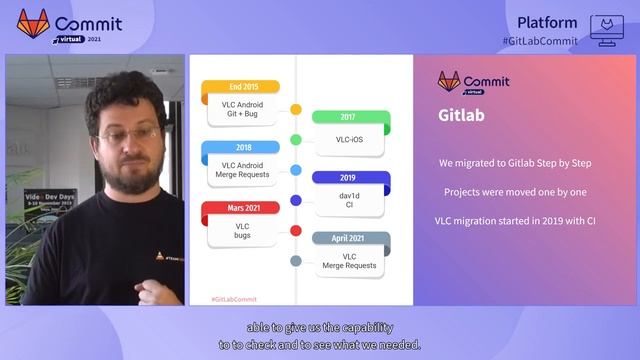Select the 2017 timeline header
[x=348, y=117]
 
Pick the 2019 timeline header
[x=348, y=177]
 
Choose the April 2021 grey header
[x=348, y=238]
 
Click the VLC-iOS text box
[x=349, y=140]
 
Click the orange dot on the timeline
[x=296, y=109]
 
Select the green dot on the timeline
[x=296, y=139]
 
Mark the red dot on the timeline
[x=296, y=230]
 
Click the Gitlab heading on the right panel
[x=461, y=116]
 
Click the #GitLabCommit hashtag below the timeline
[x=234, y=298]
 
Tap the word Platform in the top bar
[x=547, y=22]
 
